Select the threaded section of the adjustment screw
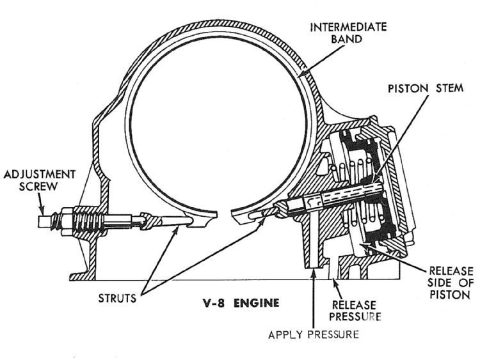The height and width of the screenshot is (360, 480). (81, 223)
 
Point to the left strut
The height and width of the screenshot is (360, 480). (170, 221)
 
